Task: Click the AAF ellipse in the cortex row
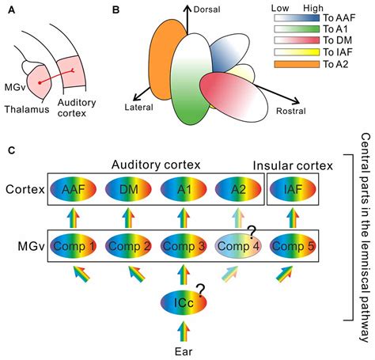point(73,189)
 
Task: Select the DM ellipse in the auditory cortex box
point(128,189)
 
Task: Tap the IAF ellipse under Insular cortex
point(293,189)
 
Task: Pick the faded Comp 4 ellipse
point(238,246)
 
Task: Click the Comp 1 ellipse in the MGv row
point(73,246)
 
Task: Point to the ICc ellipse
point(184,302)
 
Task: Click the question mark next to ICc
point(201,290)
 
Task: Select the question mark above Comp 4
point(252,232)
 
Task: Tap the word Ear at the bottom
point(184,351)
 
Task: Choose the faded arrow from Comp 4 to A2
point(238,218)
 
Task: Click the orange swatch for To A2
point(297,64)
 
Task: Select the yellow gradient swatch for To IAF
point(297,52)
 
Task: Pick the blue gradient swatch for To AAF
point(297,18)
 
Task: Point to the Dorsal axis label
point(206,9)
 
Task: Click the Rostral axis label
point(291,111)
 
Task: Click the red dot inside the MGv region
point(40,83)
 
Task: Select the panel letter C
point(12,150)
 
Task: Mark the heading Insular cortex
point(293,165)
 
